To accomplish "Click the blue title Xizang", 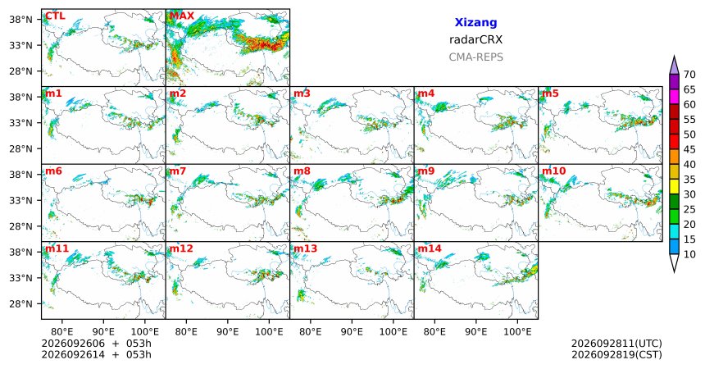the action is (x=475, y=22).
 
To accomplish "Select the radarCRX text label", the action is (x=475, y=39).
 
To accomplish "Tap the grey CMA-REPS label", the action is (x=475, y=57).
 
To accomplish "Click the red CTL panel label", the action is (x=55, y=16).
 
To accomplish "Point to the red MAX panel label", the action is (x=182, y=16).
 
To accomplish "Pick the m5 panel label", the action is (x=550, y=93).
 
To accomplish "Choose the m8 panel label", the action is (x=302, y=171).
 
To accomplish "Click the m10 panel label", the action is (x=554, y=171).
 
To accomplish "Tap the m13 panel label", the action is (x=305, y=248).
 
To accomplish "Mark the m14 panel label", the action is (x=430, y=248).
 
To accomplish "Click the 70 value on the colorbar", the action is (x=689, y=75).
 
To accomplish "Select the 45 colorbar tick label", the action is (x=689, y=149).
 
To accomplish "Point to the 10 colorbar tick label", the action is (x=689, y=254).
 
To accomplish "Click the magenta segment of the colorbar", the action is (x=674, y=97).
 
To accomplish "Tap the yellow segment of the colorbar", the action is (x=674, y=187).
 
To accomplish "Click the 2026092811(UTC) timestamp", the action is (x=616, y=344).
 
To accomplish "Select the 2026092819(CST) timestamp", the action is (x=616, y=354).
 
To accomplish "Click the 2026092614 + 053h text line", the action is (x=96, y=354).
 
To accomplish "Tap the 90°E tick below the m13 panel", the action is (x=352, y=332).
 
